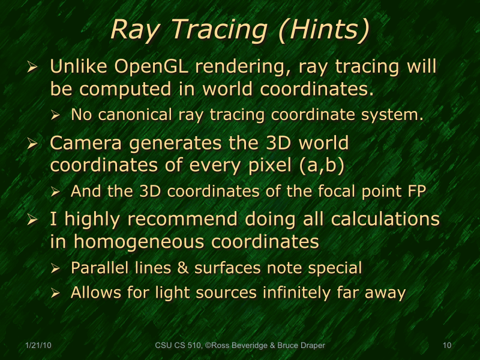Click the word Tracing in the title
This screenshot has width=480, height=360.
coord(217,31)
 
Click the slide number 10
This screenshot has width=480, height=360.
coord(446,346)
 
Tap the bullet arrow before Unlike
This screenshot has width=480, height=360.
coord(34,68)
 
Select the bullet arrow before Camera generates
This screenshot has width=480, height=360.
coord(34,145)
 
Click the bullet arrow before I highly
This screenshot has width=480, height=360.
coord(34,220)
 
